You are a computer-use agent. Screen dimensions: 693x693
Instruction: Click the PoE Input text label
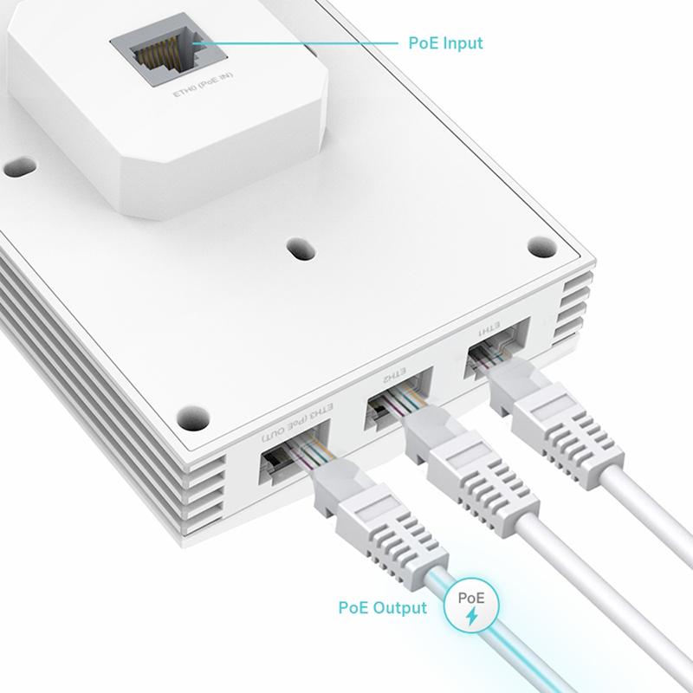(x=445, y=42)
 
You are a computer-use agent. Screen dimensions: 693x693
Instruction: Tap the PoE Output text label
(x=382, y=607)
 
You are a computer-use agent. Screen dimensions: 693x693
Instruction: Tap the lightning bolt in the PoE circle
(x=471, y=616)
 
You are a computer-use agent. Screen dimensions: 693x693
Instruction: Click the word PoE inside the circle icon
(x=471, y=598)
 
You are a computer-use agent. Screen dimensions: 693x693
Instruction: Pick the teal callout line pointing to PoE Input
(x=295, y=42)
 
